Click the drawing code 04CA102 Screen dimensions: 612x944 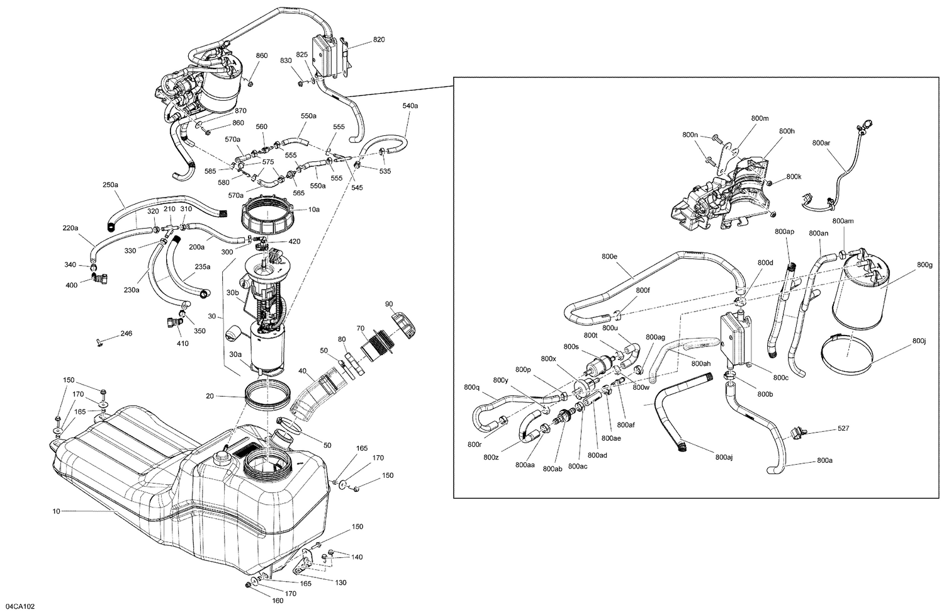tap(18, 606)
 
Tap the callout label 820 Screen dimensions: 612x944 tap(379, 40)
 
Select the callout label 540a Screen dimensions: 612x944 tap(410, 106)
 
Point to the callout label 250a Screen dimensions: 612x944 tap(110, 185)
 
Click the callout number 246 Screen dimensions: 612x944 tap(126, 333)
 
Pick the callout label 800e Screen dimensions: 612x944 tap(609, 256)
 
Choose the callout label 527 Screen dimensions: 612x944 tap(843, 429)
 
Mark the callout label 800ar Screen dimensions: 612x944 tap(821, 143)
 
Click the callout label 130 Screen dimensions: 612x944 tap(340, 582)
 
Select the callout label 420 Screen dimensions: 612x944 tap(295, 242)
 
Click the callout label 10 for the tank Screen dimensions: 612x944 tap(56, 511)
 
